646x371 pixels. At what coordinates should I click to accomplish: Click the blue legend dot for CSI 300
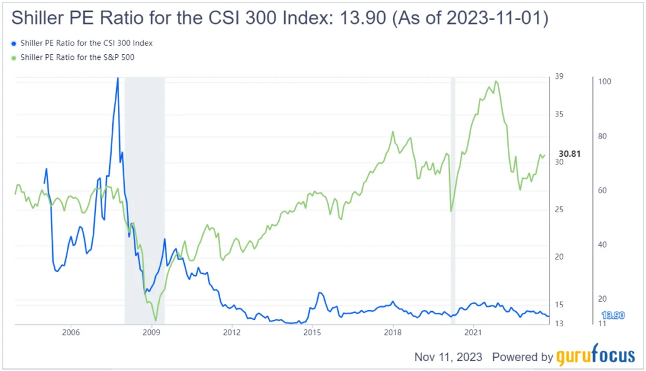14,43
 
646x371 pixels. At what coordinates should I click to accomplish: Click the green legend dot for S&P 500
14,58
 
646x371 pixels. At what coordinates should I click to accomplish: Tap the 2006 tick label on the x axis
71,332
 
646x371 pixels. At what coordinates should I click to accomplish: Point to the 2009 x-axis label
151,332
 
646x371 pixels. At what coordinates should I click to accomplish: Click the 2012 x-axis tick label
232,332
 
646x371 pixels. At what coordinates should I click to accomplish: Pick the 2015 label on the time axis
312,332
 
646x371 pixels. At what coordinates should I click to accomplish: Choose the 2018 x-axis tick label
393,332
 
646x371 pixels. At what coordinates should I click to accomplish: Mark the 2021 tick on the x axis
474,332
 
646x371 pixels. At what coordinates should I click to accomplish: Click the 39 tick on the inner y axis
559,77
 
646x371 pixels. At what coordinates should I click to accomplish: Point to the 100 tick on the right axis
604,82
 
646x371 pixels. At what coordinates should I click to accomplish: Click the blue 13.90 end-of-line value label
613,315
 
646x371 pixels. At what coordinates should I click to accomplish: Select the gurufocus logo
596,357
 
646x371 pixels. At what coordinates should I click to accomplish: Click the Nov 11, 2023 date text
448,357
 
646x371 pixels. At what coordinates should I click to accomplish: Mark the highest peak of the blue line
117,78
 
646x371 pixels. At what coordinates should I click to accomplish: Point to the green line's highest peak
496,81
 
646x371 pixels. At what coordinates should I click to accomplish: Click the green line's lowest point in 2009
155,321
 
